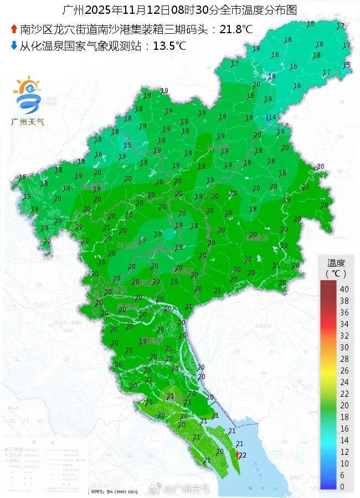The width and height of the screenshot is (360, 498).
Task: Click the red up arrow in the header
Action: tap(14, 30)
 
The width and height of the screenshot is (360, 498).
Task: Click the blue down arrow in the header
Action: tap(14, 46)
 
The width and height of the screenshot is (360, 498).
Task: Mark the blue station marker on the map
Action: tap(268, 117)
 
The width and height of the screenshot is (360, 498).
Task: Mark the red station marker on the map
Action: tap(237, 454)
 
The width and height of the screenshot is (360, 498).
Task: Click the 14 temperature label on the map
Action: tap(272, 117)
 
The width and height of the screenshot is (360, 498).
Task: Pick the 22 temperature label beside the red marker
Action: tap(243, 455)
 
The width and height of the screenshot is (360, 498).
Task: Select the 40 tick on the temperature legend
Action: tap(343, 289)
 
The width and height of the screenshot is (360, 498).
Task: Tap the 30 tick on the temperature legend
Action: tap(343, 347)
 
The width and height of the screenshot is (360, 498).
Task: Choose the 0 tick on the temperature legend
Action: tap(343, 486)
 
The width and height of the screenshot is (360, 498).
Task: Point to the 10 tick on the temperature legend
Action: tap(343, 463)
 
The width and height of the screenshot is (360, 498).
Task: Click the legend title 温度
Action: tap(336, 262)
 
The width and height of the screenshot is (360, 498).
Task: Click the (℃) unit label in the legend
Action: tap(336, 273)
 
